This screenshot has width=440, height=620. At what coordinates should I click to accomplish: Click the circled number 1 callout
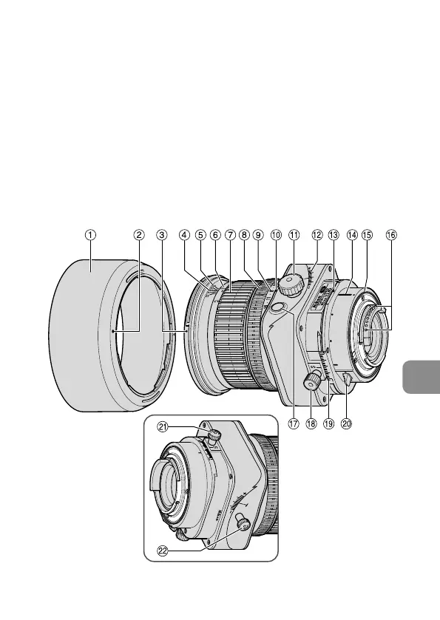coord(90,235)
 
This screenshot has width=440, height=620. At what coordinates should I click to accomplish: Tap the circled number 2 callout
coord(138,235)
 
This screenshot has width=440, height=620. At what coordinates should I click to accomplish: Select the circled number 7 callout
coord(230,235)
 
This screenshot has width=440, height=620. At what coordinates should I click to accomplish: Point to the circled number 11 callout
coord(294,235)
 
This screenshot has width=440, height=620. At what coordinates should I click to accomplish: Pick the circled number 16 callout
coord(391,235)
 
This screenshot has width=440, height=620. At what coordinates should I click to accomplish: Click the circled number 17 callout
coord(293,424)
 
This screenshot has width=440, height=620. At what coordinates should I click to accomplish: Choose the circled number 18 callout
coord(311,424)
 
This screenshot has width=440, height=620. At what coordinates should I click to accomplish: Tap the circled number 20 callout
coord(346,424)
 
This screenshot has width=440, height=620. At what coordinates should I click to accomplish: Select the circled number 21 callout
coord(163,426)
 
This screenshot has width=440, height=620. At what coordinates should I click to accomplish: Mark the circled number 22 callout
coord(163,551)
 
